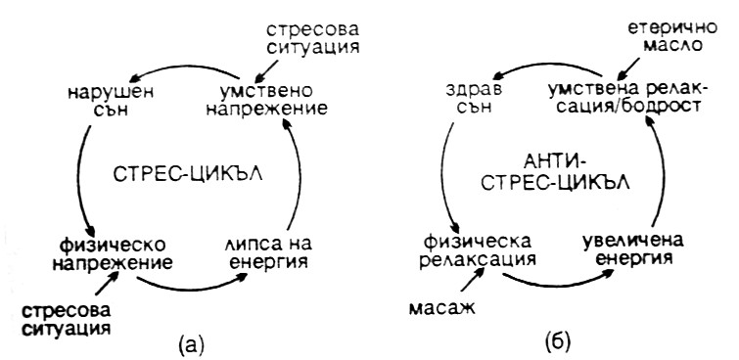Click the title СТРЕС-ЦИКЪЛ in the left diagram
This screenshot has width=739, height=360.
click(187, 175)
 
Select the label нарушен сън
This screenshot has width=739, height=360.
click(111, 100)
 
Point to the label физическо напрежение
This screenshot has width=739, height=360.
click(113, 253)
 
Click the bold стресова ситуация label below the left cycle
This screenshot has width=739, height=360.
click(66, 319)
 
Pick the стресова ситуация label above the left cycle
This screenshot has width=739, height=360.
click(312, 38)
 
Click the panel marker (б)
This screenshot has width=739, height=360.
click(558, 342)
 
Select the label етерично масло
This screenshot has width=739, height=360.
click(672, 36)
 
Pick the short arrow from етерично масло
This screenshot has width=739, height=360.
click(628, 69)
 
